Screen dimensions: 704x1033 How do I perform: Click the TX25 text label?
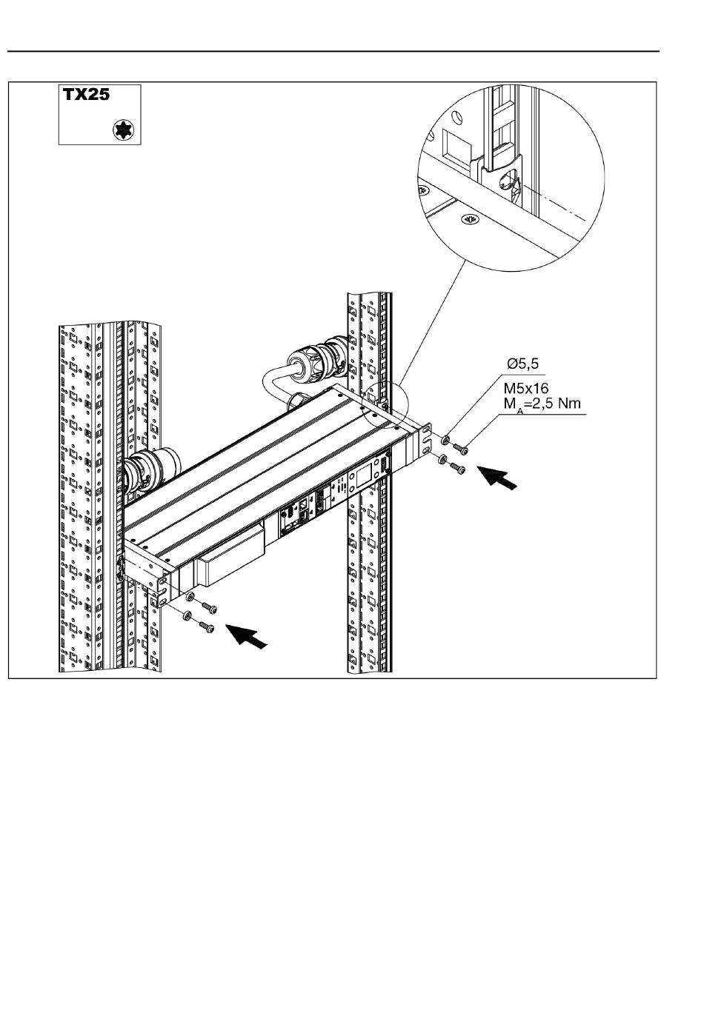[x=86, y=95]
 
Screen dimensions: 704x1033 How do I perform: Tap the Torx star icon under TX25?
[x=122, y=130]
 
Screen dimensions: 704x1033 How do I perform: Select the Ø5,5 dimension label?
[x=522, y=364]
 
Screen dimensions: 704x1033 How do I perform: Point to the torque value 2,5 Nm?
[x=557, y=404]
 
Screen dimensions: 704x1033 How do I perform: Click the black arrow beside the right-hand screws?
[x=497, y=478]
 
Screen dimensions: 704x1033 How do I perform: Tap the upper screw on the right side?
[x=461, y=448]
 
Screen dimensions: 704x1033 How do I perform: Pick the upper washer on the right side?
[x=446, y=439]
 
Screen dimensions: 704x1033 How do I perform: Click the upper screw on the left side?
[x=209, y=608]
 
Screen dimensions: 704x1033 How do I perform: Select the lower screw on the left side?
[x=206, y=627]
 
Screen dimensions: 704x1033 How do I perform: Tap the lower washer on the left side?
[x=187, y=615]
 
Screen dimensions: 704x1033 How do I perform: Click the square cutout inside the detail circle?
[x=457, y=144]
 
